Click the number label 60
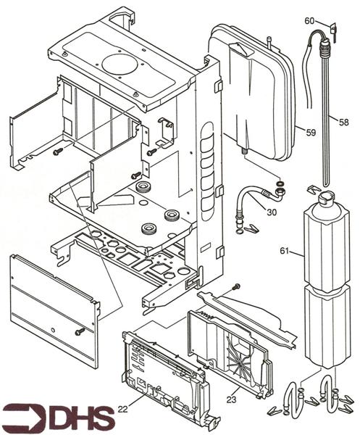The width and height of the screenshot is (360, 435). [x=309, y=20]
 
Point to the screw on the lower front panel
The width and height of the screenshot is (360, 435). [x=79, y=331]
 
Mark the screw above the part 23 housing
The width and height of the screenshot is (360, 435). [x=236, y=288]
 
